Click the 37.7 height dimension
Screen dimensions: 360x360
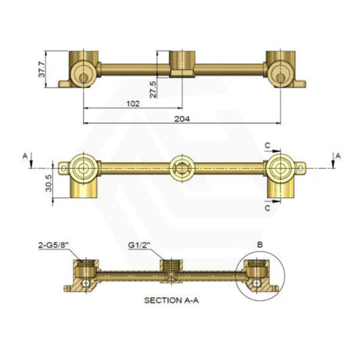coord(42,69)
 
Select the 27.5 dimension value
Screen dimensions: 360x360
coord(153,89)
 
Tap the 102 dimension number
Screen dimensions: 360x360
coord(133,103)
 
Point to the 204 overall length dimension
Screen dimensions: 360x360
coord(182,119)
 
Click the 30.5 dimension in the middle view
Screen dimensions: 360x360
coord(49,183)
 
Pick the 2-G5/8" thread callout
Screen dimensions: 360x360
coord(53,246)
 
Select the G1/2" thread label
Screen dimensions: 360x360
coord(139,246)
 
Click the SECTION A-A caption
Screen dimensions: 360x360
coord(171,301)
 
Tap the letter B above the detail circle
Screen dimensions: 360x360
coord(260,245)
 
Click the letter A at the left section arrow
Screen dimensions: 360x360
coord(25,156)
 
